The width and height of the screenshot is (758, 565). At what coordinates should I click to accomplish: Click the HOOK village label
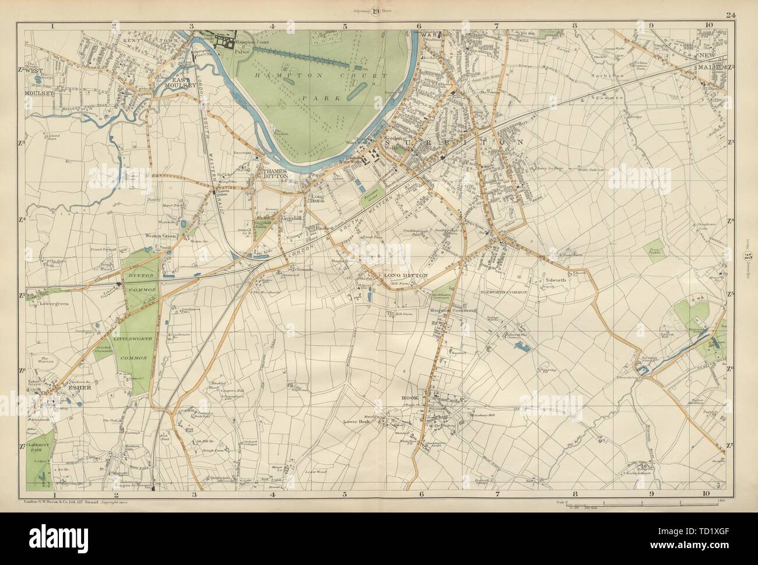click(x=410, y=398)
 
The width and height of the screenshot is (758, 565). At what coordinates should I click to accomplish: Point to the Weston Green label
click(x=156, y=236)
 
